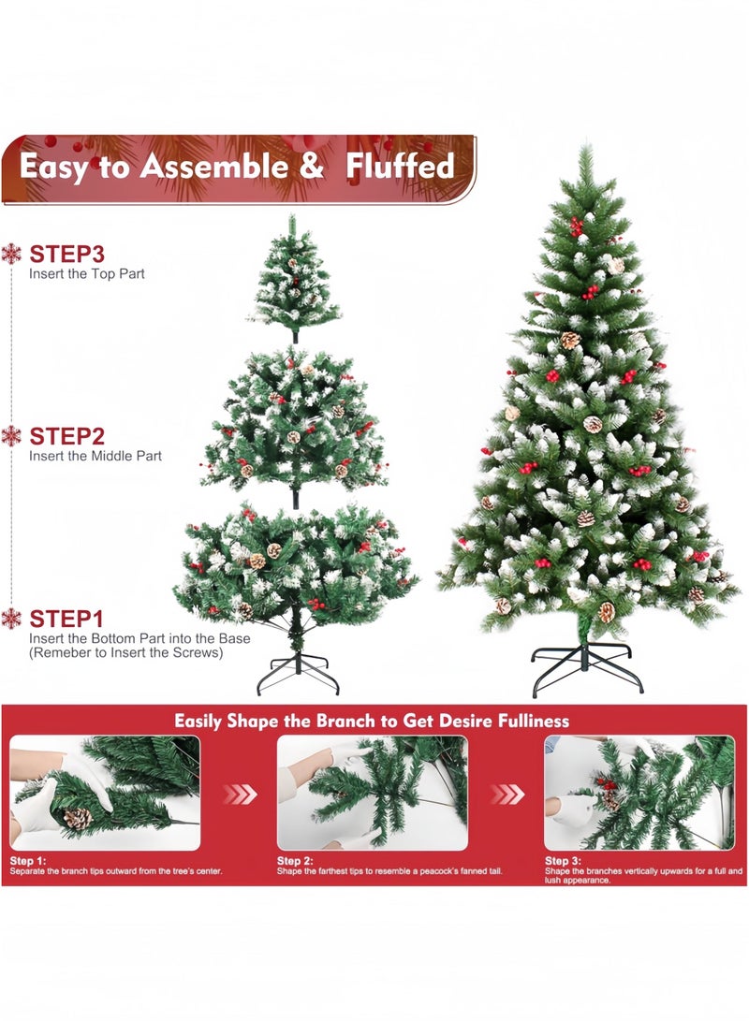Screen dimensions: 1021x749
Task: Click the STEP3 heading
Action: [x=66, y=254]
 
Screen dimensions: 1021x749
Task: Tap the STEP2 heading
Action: [x=66, y=436]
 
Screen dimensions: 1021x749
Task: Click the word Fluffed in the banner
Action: [x=400, y=167]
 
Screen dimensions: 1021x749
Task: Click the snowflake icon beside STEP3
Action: [x=11, y=254]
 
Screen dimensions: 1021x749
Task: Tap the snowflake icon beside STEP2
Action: [x=11, y=436]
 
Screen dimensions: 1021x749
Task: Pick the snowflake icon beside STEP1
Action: [x=11, y=619]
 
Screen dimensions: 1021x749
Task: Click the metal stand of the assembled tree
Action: [x=587, y=666]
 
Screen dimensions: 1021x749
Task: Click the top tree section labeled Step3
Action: [x=294, y=276]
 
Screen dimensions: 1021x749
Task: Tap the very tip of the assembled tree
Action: [x=585, y=150]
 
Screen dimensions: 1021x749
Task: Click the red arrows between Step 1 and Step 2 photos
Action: [x=239, y=795]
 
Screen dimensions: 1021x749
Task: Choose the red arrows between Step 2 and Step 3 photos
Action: [x=507, y=795]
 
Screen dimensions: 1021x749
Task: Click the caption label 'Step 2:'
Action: [x=294, y=860]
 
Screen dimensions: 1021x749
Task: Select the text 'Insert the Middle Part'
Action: [x=95, y=456]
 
